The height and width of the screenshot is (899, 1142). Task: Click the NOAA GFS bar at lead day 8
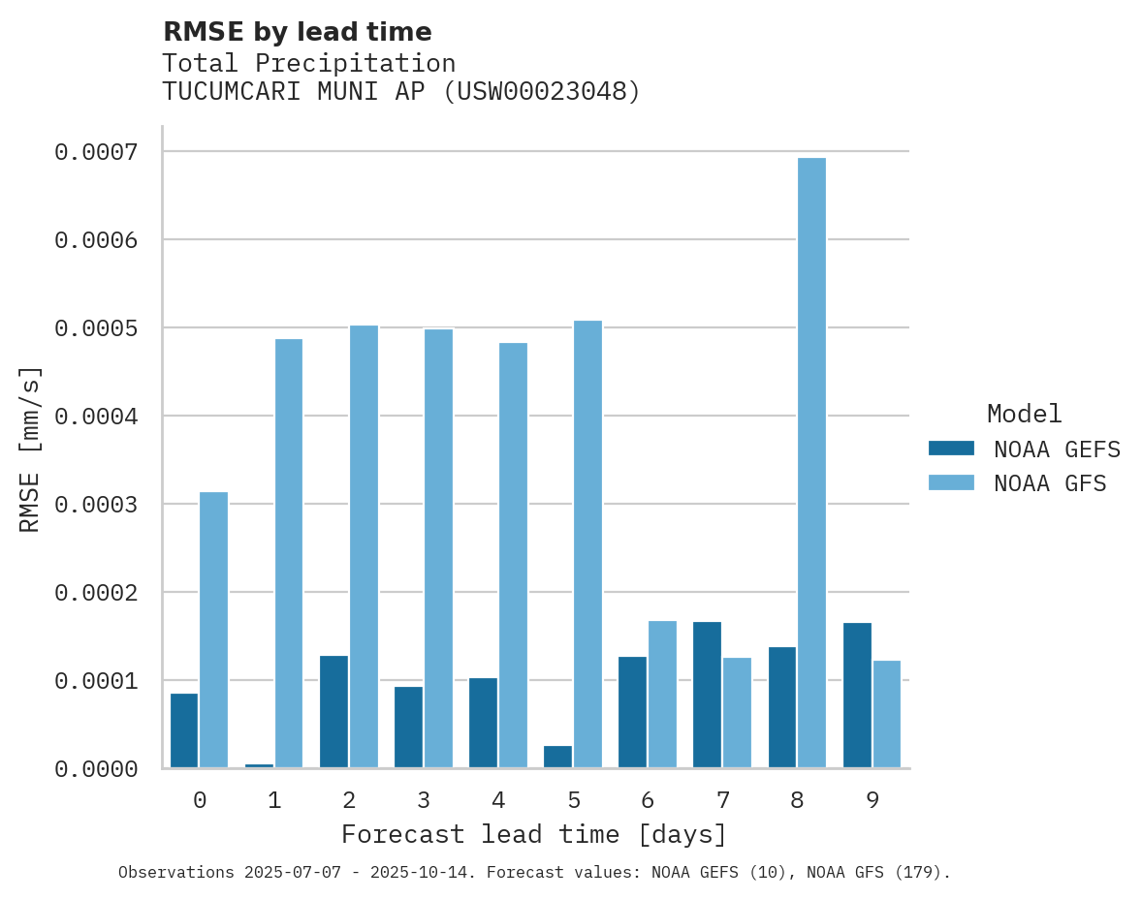[811, 463]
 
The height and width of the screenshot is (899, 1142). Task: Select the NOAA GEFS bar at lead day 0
[184, 730]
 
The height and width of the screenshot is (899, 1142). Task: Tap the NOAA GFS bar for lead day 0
[214, 630]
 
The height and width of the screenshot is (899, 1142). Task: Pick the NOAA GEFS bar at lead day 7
[708, 695]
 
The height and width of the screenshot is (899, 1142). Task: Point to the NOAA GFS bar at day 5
[587, 544]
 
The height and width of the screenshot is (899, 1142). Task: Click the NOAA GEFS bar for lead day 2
[333, 712]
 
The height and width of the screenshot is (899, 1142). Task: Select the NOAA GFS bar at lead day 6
[662, 695]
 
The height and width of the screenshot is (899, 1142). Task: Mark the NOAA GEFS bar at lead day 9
[857, 696]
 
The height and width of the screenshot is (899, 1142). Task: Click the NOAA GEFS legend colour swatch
[951, 449]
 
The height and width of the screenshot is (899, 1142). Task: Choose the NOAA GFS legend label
[1050, 483]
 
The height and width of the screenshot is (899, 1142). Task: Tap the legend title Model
[1024, 414]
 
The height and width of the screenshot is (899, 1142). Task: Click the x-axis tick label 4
[498, 800]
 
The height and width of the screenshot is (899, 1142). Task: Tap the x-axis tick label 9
[872, 800]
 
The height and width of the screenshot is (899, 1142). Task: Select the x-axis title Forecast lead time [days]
[534, 834]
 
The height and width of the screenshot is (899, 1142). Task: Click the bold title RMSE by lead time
[297, 32]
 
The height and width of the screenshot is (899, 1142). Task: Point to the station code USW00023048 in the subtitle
[541, 91]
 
